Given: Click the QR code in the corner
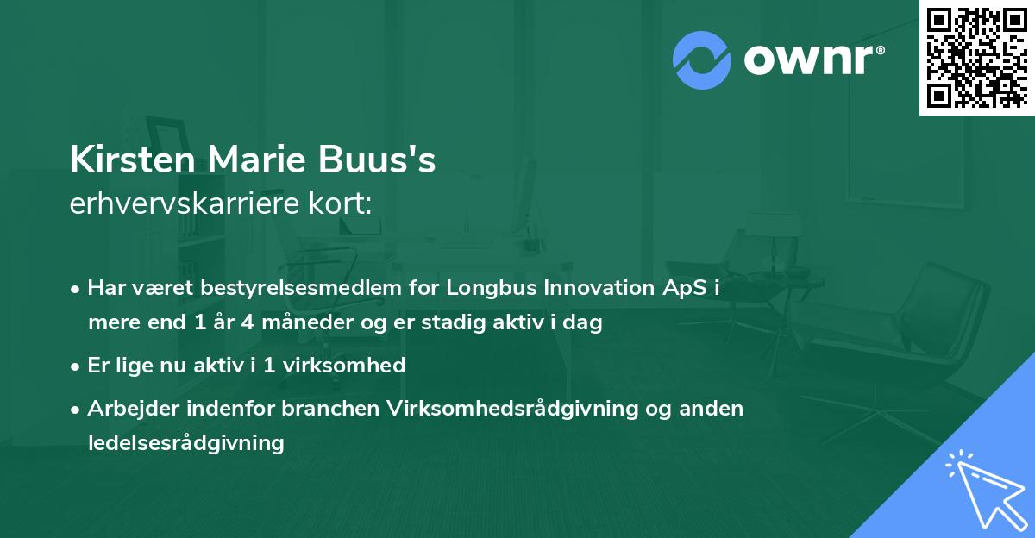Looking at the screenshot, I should click(976, 57).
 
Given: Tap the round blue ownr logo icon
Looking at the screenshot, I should click(702, 60).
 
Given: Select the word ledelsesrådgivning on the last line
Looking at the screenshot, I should click(185, 443).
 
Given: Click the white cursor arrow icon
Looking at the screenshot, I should click(985, 487).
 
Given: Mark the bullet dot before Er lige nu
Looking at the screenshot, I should click(78, 366).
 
